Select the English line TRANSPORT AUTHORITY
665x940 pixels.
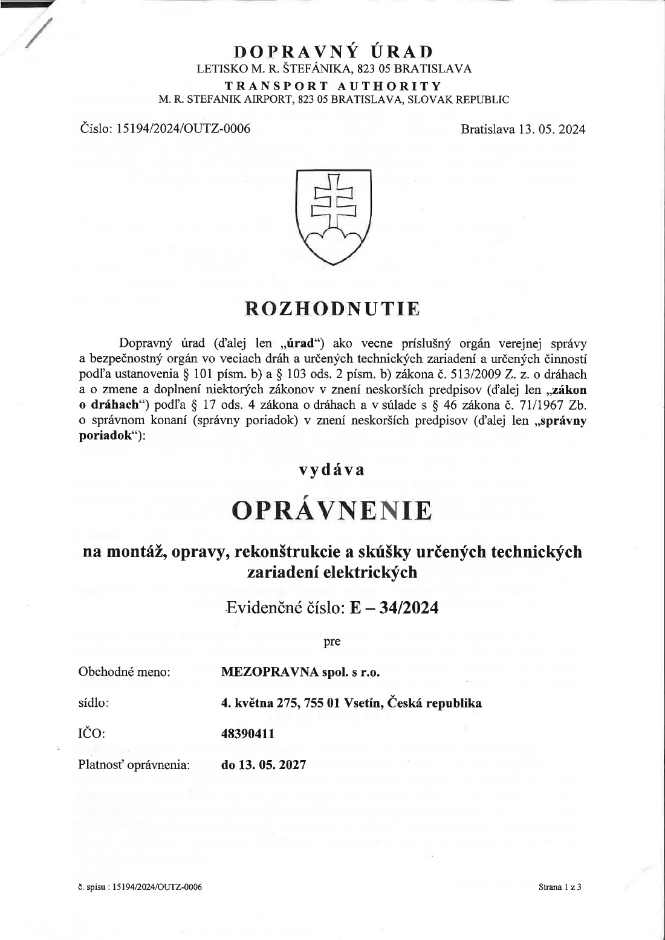tap(333, 86)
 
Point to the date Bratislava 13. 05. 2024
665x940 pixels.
tap(522, 129)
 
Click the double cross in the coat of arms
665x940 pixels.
tap(332, 199)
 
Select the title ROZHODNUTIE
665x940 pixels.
tap(332, 308)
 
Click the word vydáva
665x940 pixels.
tap(332, 469)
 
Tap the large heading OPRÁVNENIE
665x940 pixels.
tap(332, 510)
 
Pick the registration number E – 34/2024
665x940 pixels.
tap(394, 607)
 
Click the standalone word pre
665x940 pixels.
tap(332, 642)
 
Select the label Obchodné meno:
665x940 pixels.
tap(125, 672)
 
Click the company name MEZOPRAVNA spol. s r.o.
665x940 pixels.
tap(300, 672)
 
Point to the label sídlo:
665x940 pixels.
tap(94, 703)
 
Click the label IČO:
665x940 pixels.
tap(92, 734)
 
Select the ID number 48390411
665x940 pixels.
tap(248, 734)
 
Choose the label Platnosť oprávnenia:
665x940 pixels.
tap(134, 765)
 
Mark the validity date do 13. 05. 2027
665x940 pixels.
tap(264, 765)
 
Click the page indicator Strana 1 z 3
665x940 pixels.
tap(559, 887)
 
